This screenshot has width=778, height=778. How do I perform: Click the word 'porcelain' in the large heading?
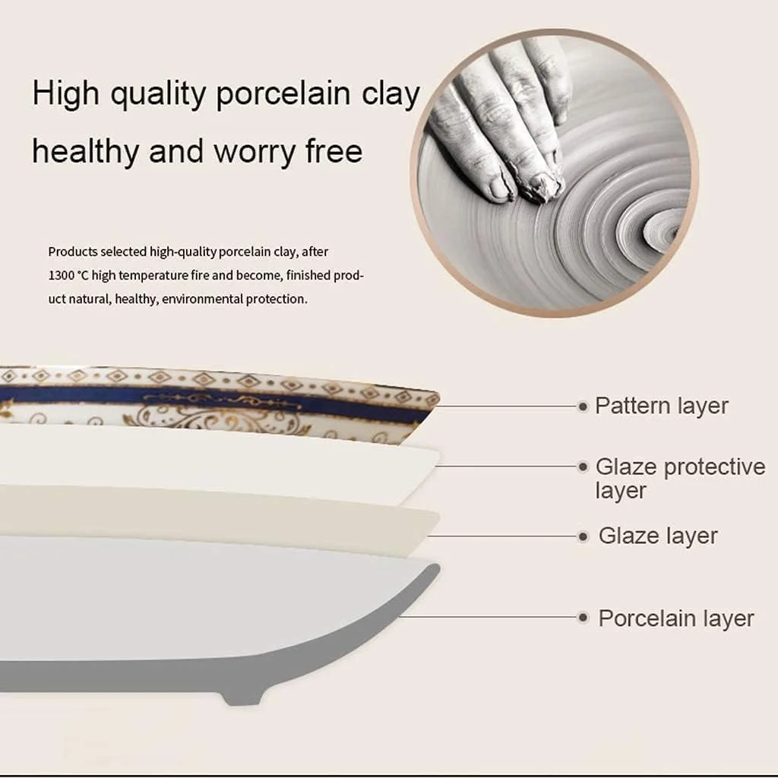click(x=283, y=93)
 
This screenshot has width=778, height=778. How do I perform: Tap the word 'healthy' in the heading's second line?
click(x=85, y=151)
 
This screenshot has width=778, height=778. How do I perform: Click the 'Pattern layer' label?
click(x=662, y=406)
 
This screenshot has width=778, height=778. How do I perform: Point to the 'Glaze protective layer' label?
click(x=680, y=479)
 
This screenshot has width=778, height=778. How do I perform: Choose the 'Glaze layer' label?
click(x=658, y=536)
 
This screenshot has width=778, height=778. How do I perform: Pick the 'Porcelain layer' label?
click(x=675, y=618)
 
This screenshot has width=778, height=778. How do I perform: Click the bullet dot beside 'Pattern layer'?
click(x=583, y=407)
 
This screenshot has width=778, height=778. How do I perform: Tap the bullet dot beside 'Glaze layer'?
click(x=583, y=536)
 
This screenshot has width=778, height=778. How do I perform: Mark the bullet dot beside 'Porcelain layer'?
click(x=583, y=618)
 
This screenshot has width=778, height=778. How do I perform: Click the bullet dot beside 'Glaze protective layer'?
click(x=583, y=466)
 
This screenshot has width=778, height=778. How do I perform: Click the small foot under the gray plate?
click(x=242, y=696)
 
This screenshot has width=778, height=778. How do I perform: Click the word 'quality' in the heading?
click(x=158, y=93)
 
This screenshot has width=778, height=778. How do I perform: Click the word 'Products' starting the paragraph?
click(x=73, y=252)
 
